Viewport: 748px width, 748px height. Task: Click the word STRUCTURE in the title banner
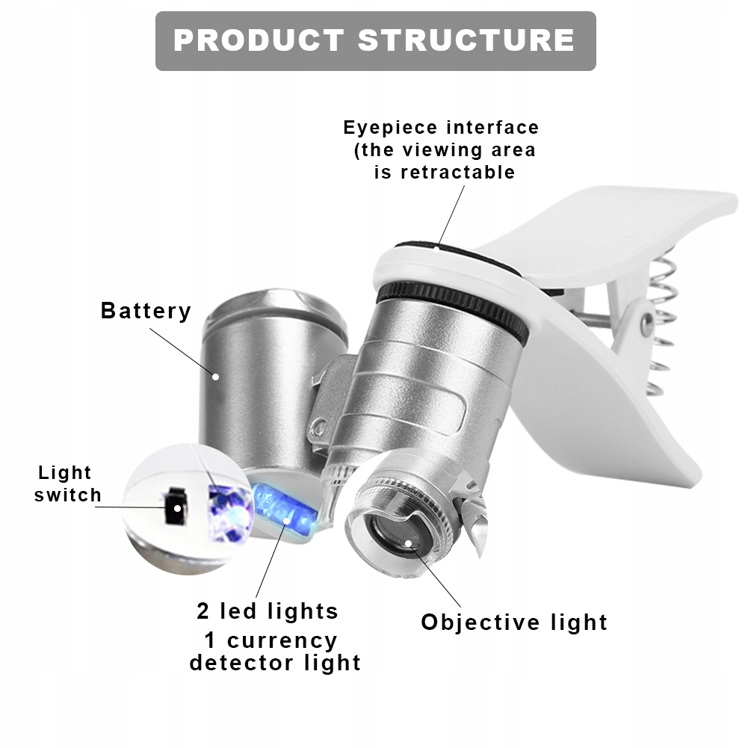point(466,40)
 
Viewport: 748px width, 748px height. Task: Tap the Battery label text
point(146,310)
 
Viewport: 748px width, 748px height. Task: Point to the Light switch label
point(68,483)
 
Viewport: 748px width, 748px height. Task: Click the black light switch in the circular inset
point(176,508)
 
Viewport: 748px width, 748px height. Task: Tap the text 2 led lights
point(268,611)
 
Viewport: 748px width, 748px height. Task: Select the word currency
point(282,640)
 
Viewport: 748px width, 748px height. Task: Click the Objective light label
point(514,622)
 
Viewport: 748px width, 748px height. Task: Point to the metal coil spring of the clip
point(661,321)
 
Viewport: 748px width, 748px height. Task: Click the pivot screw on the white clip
point(646,323)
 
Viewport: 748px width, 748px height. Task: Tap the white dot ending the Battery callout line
point(216,377)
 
